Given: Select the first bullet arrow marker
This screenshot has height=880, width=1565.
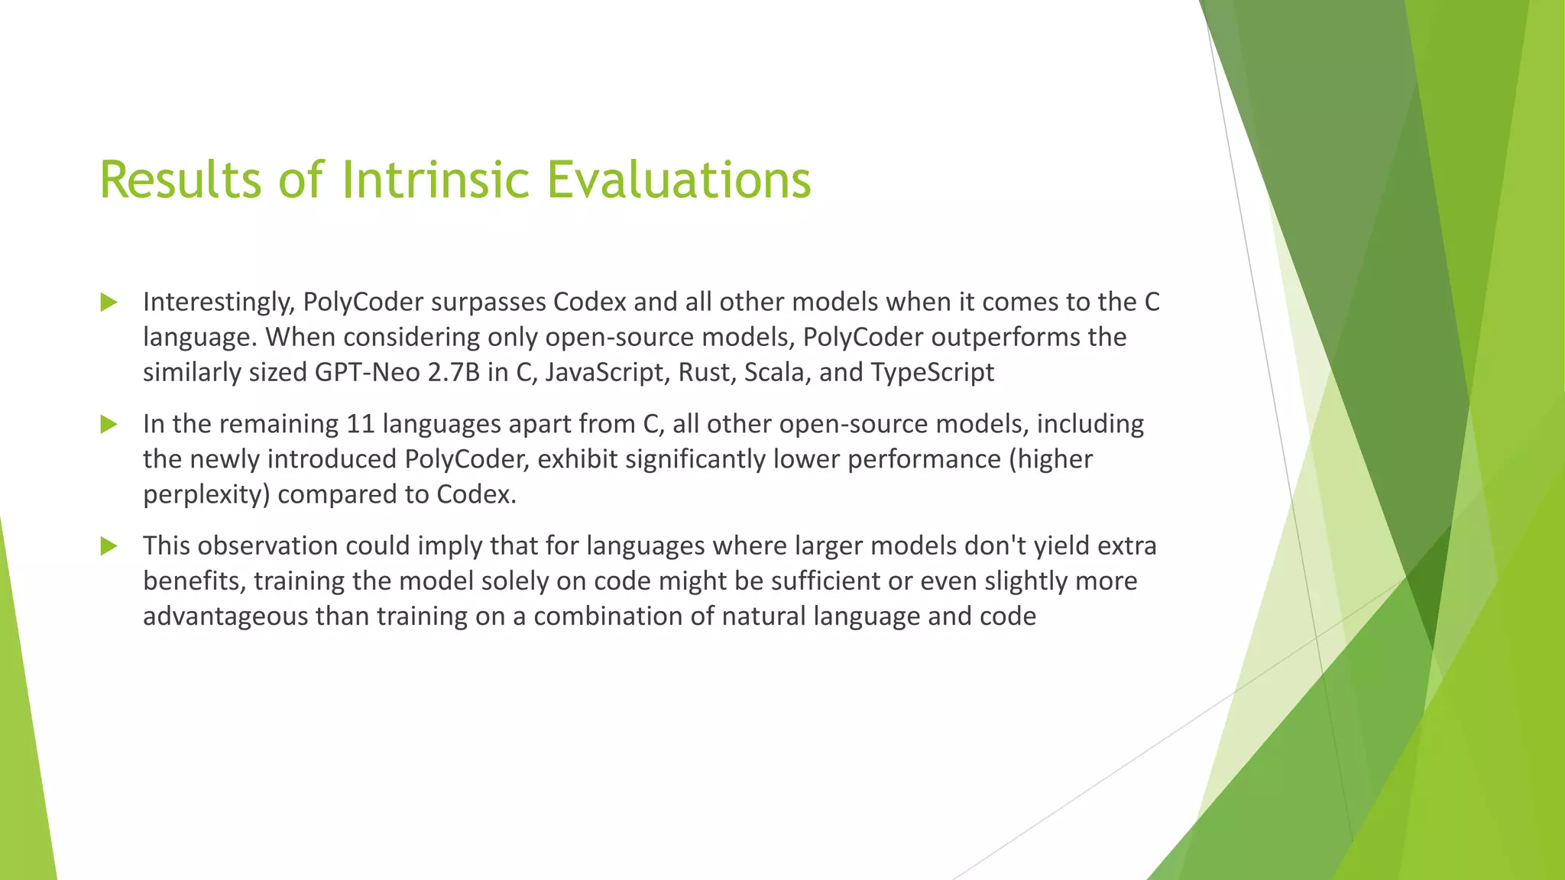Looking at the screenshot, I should pos(109,302).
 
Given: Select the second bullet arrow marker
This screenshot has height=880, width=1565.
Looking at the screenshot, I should pos(109,424).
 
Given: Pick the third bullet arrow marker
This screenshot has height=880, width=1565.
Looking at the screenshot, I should pos(109,546).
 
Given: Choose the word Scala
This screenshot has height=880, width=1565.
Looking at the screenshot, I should pos(777,373).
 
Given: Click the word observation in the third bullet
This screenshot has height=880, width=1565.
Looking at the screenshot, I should pos(265,546).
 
